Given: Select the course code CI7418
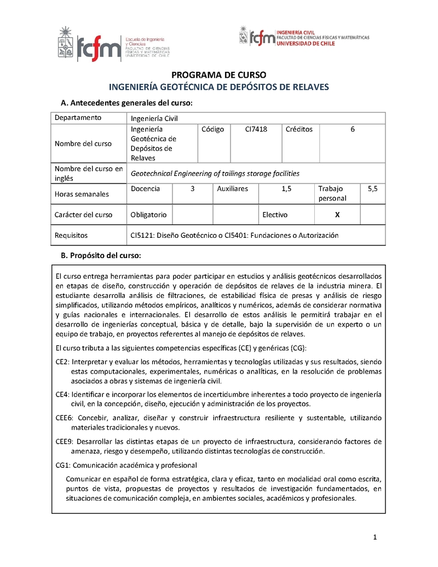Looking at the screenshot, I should [256, 129].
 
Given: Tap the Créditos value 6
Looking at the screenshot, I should [353, 129].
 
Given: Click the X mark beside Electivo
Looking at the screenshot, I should [337, 215].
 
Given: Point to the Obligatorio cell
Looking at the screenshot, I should [149, 215].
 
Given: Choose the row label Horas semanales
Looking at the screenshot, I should [82, 194].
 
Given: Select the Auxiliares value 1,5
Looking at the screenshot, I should [286, 188].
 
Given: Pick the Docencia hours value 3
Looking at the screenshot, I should [192, 188].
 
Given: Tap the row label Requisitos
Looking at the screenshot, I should [71, 235].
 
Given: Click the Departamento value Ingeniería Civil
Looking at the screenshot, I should [154, 118].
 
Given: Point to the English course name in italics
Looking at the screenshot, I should [215, 173].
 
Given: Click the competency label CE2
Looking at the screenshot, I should [62, 362].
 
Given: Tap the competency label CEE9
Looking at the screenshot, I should [64, 441].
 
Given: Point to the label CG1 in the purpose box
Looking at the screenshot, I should [62, 465].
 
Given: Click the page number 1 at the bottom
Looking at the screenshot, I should [375, 537].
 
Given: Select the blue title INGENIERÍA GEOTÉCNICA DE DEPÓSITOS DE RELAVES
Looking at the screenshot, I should [219, 87].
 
